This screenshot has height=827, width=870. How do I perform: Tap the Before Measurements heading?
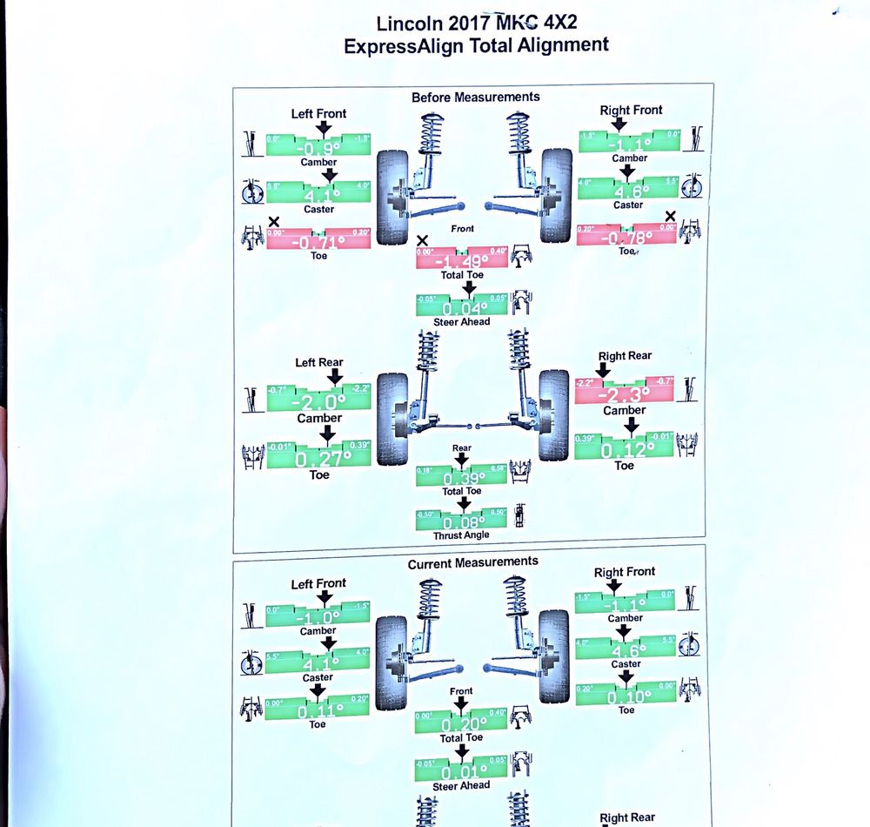click(475, 97)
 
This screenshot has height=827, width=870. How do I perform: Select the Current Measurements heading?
click(472, 562)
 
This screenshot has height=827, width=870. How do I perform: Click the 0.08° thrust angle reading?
click(461, 521)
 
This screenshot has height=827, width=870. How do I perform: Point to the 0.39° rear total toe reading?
click(461, 477)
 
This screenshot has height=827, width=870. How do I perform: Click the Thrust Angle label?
click(461, 535)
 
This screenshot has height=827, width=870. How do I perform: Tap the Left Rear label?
click(318, 362)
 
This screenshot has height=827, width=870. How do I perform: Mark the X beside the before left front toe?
click(274, 223)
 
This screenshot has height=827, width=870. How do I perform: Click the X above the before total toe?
click(423, 240)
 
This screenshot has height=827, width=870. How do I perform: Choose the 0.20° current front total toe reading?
click(461, 724)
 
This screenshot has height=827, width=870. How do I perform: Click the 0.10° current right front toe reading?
click(626, 696)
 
